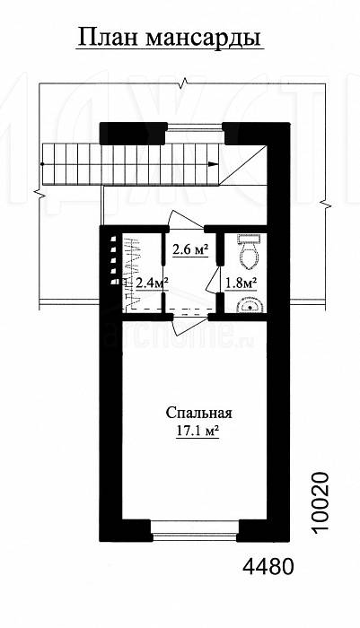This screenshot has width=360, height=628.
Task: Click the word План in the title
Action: point(107,38)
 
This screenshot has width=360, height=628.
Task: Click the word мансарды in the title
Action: point(203,39)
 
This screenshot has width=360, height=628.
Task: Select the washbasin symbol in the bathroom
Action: point(250,305)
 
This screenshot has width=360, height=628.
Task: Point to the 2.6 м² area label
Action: point(191,250)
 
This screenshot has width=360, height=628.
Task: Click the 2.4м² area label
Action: point(151,283)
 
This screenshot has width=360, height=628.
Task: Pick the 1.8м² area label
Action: point(240,283)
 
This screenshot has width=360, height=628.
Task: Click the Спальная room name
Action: point(198,413)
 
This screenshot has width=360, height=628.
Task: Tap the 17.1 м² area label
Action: point(198,431)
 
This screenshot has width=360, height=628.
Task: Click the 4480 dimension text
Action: point(268,567)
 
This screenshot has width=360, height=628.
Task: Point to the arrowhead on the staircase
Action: point(214,164)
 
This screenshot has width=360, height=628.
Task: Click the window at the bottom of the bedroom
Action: point(195,530)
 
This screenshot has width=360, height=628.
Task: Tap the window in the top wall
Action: point(195,127)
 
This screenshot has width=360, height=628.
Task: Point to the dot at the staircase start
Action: point(41,164)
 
